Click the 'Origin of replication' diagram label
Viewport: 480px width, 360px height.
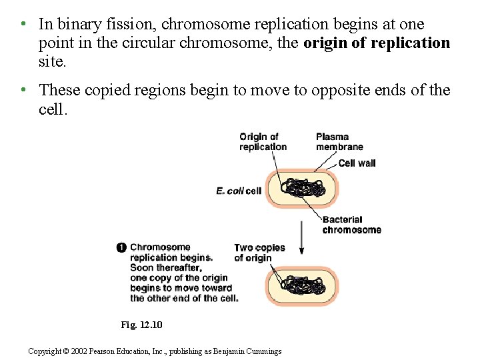pos(263,142)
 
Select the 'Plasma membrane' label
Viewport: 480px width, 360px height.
pos(339,142)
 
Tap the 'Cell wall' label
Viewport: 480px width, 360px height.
pos(357,163)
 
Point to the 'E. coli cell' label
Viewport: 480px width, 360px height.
pos(239,191)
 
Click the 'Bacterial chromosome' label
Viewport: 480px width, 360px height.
pos(351,225)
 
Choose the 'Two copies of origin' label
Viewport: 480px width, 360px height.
pos(259,253)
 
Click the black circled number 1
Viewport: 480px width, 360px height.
pos(121,247)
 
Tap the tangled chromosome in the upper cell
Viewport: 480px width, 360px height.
pos(303,188)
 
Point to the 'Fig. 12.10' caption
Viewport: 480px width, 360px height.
pos(141,325)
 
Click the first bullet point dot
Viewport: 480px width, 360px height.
pos(23,24)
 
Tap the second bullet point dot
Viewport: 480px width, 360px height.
pos(23,89)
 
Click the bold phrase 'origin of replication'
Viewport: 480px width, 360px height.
pos(377,43)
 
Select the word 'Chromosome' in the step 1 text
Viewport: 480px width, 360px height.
pos(160,247)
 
